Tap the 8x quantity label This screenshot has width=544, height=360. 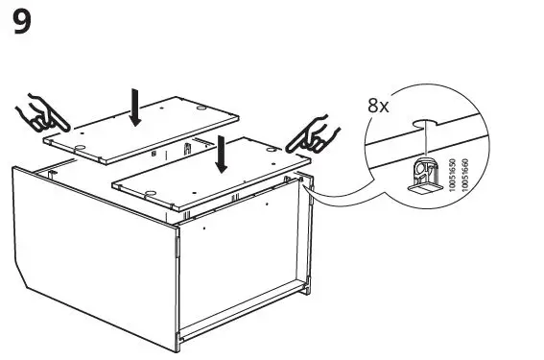click(x=379, y=106)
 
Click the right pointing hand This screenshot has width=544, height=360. click(x=314, y=133)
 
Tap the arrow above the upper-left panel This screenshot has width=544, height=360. click(x=136, y=108)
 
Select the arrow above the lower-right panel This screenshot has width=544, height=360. click(x=223, y=154)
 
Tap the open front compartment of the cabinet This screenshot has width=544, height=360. click(x=245, y=269)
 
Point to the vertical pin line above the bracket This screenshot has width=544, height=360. click(x=422, y=144)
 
